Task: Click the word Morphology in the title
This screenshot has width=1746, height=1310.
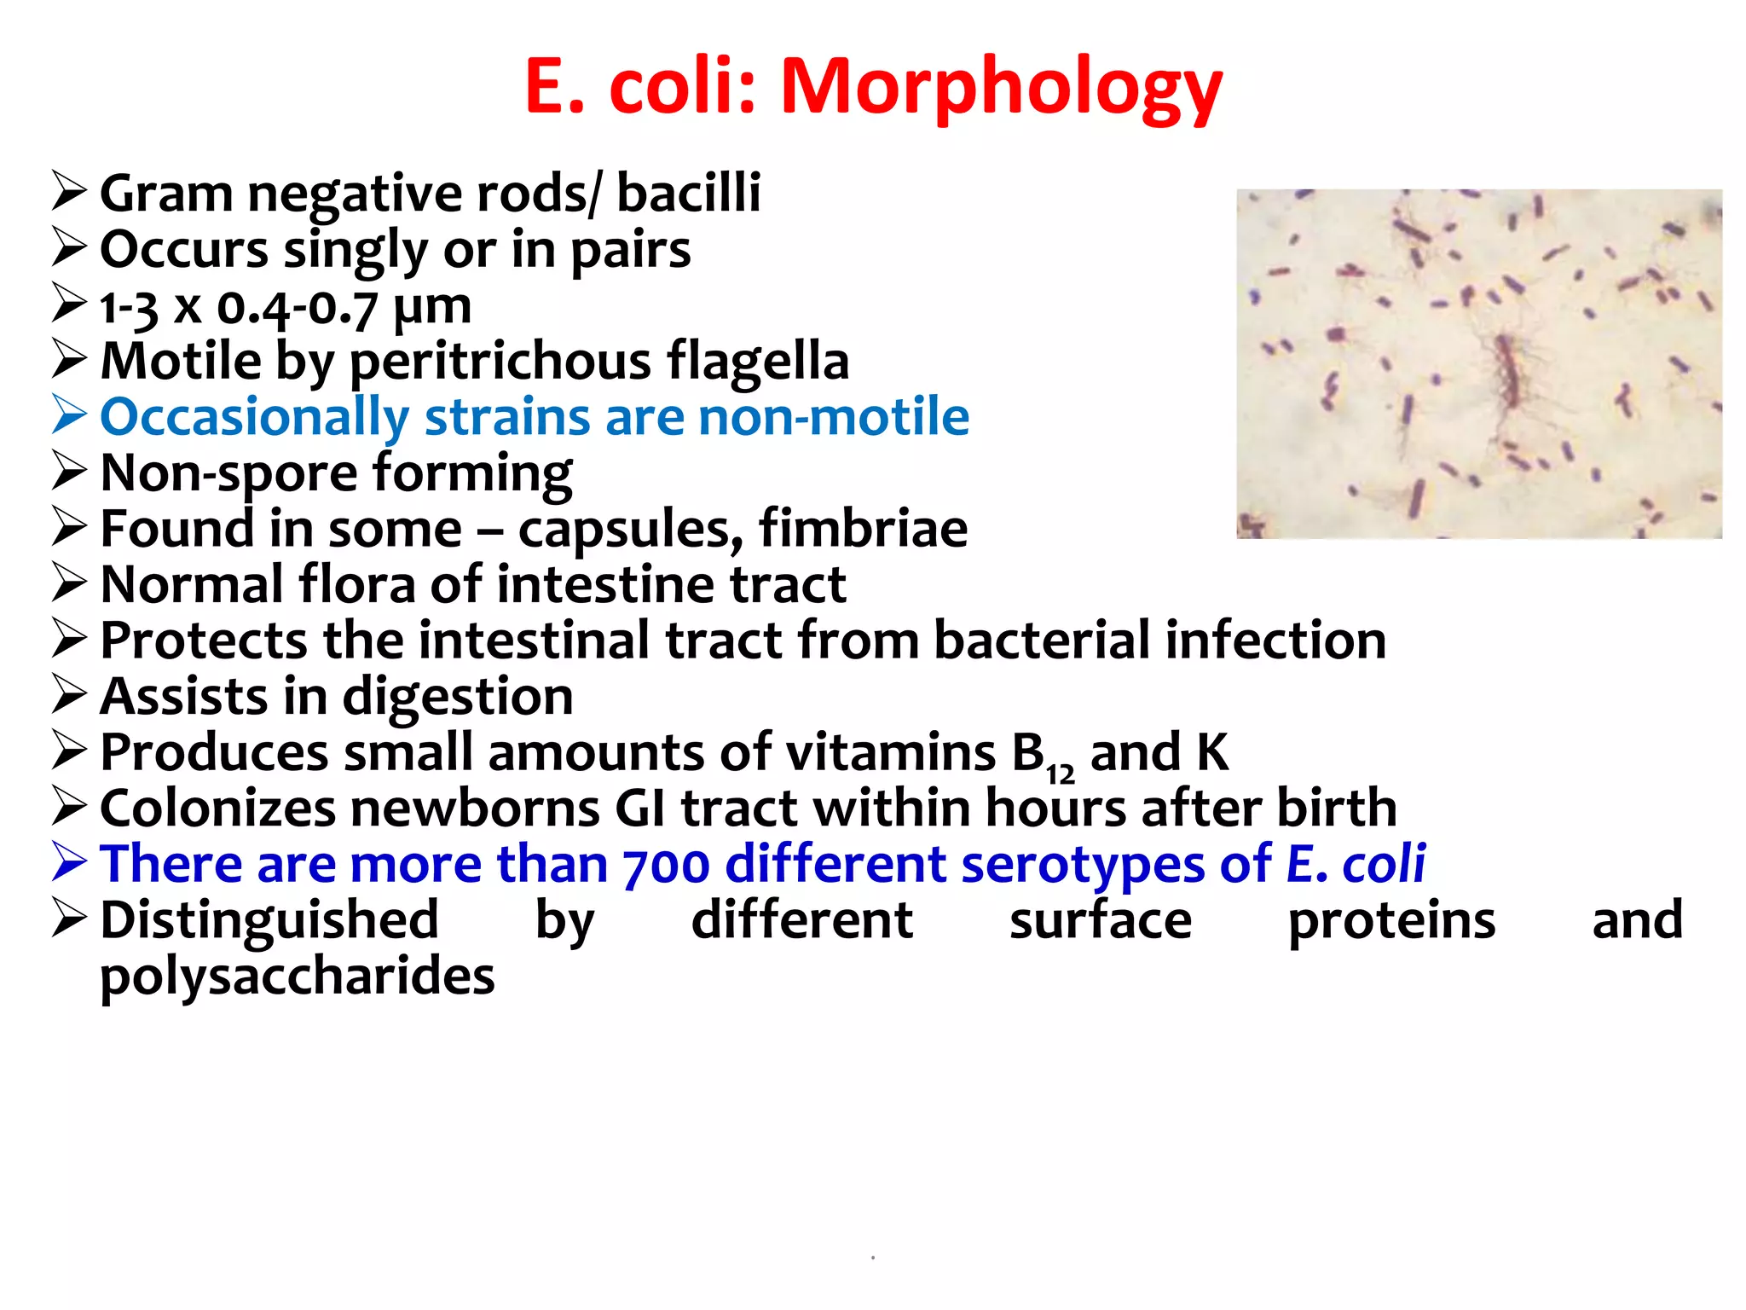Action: pyautogui.click(x=1002, y=88)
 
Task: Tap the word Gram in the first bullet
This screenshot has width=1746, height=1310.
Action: pyautogui.click(x=166, y=194)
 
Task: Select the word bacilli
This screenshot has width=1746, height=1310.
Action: pyautogui.click(x=688, y=193)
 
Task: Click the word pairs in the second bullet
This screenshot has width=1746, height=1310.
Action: pyautogui.click(x=630, y=251)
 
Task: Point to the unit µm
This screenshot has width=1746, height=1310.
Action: pyautogui.click(x=432, y=307)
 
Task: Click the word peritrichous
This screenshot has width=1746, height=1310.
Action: pyautogui.click(x=500, y=362)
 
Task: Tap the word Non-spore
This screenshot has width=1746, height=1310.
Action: pyautogui.click(x=229, y=473)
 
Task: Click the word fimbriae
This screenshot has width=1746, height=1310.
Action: pyautogui.click(x=863, y=529)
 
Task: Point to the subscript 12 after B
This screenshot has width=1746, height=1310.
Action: pyautogui.click(x=1061, y=774)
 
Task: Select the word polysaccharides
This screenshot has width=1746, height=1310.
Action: pyautogui.click(x=297, y=977)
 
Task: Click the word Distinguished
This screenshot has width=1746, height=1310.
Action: pyautogui.click(x=269, y=921)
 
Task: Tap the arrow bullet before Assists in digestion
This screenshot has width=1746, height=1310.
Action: pyautogui.click(x=69, y=695)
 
